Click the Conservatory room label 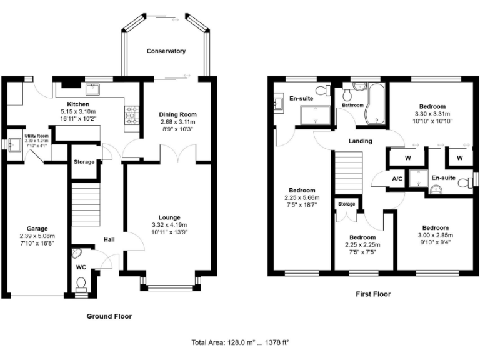click(166, 51)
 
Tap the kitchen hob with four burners click(132, 114)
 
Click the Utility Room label click(36, 136)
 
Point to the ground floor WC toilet click(81, 284)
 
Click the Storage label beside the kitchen click(84, 162)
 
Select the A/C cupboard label click(397, 178)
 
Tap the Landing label click(360, 141)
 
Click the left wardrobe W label click(407, 158)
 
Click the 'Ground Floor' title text click(109, 316)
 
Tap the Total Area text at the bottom click(239, 342)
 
